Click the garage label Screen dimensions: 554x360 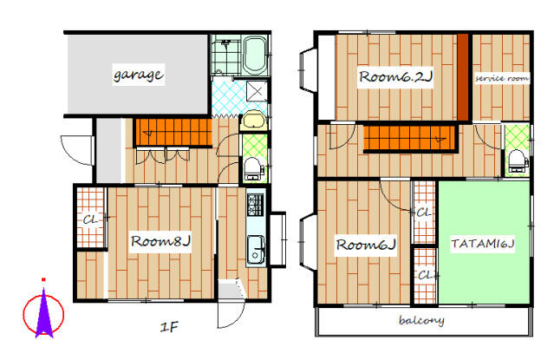(x=139, y=75)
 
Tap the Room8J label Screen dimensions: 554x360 (x=160, y=241)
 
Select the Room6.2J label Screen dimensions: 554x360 (x=395, y=76)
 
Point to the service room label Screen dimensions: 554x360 (x=502, y=78)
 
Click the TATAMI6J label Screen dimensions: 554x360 (x=483, y=244)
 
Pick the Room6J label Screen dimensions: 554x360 (x=365, y=245)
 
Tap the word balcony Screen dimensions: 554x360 (x=421, y=320)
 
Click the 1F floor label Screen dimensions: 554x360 (x=169, y=327)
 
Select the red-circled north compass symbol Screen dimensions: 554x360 (x=43, y=311)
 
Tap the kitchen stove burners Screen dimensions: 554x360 (x=255, y=206)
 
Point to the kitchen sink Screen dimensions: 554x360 (x=256, y=250)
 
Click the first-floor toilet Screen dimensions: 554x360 (x=253, y=168)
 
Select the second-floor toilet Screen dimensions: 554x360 (x=518, y=161)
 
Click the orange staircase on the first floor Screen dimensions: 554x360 (x=173, y=132)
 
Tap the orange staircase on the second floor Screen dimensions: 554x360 (x=409, y=138)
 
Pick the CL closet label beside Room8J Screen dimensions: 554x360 (x=90, y=220)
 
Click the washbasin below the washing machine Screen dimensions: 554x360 (x=254, y=121)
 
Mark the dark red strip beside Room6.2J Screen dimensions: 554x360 (x=463, y=77)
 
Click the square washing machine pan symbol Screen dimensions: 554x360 (x=257, y=92)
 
